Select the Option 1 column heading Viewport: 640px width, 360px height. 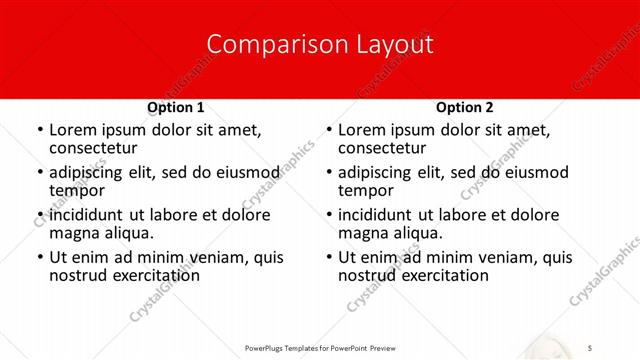point(176,107)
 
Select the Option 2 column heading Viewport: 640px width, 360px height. point(465,107)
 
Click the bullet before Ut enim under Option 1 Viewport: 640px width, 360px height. point(38,258)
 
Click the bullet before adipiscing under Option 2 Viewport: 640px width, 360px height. point(327,173)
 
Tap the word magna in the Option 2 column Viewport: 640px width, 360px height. point(362,233)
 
